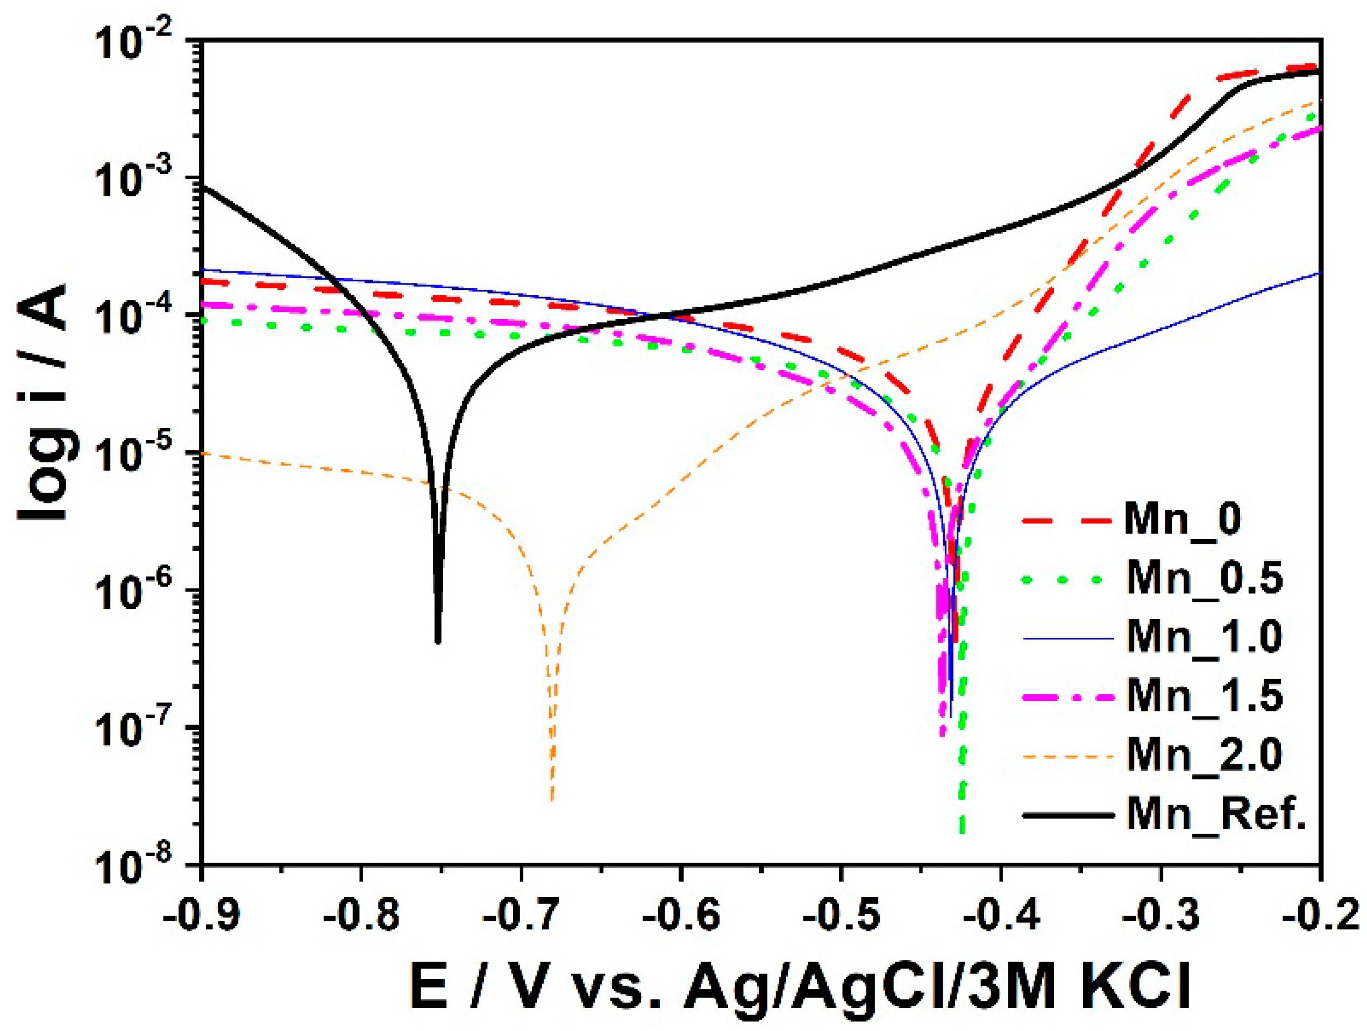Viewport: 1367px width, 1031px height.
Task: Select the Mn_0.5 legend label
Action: pyautogui.click(x=1204, y=579)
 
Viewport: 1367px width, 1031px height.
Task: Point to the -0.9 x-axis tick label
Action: pyautogui.click(x=202, y=916)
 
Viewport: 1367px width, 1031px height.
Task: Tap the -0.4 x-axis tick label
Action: pyautogui.click(x=1001, y=916)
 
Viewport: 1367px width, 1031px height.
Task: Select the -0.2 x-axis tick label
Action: pyautogui.click(x=1320, y=916)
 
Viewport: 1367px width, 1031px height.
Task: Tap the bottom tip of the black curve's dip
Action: pyautogui.click(x=438, y=642)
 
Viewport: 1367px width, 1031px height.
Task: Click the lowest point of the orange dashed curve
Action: pyautogui.click(x=552, y=800)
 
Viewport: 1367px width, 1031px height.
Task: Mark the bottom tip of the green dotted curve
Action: pyautogui.click(x=962, y=832)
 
